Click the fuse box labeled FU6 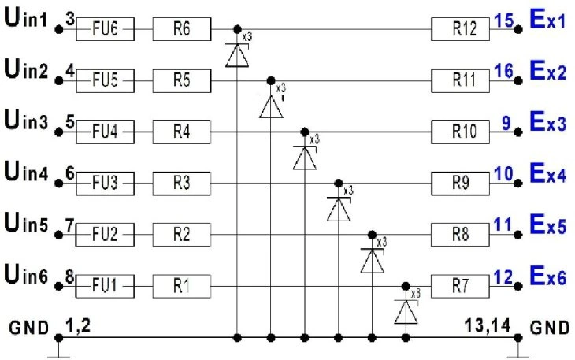coord(106,29)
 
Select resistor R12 coord(460,29)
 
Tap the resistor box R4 coord(181,132)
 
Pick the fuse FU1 coord(105,286)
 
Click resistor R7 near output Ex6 coord(460,286)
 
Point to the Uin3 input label coord(26,121)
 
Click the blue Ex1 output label coord(548,19)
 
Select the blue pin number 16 coord(504,71)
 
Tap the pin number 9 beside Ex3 coord(506,123)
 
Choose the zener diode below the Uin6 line coord(406,312)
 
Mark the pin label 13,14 coord(488,325)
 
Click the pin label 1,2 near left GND coord(78,325)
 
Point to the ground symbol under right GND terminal coord(517,353)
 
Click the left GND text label coord(29,328)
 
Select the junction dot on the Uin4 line coord(339,183)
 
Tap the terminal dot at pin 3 coord(58,29)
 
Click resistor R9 coord(460,184)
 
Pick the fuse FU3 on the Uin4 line coord(106,184)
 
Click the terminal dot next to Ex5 coord(517,235)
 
